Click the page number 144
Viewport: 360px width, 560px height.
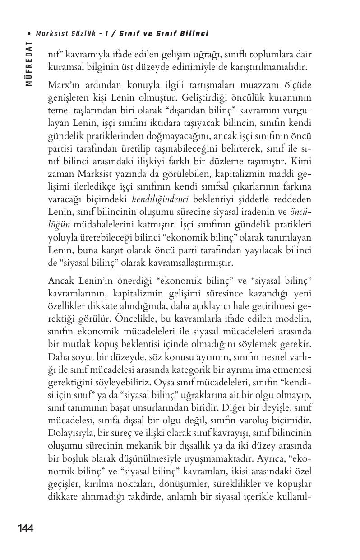click(26, 528)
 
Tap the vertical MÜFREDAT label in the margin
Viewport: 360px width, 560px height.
click(29, 63)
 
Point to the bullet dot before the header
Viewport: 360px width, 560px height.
click(29, 34)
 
